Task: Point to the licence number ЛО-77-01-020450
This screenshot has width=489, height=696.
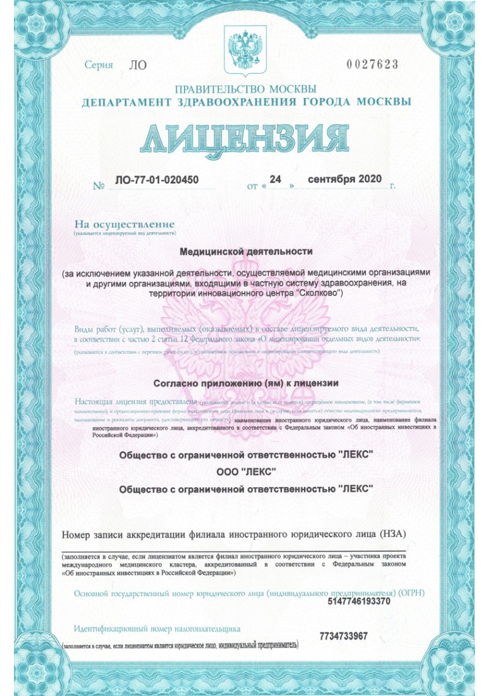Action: (x=157, y=180)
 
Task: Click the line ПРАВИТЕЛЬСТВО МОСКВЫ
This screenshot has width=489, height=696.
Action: (x=245, y=88)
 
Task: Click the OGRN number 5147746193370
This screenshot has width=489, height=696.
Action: (x=359, y=602)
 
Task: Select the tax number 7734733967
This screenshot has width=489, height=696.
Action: (x=343, y=636)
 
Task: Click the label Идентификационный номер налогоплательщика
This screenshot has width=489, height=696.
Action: (x=157, y=628)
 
